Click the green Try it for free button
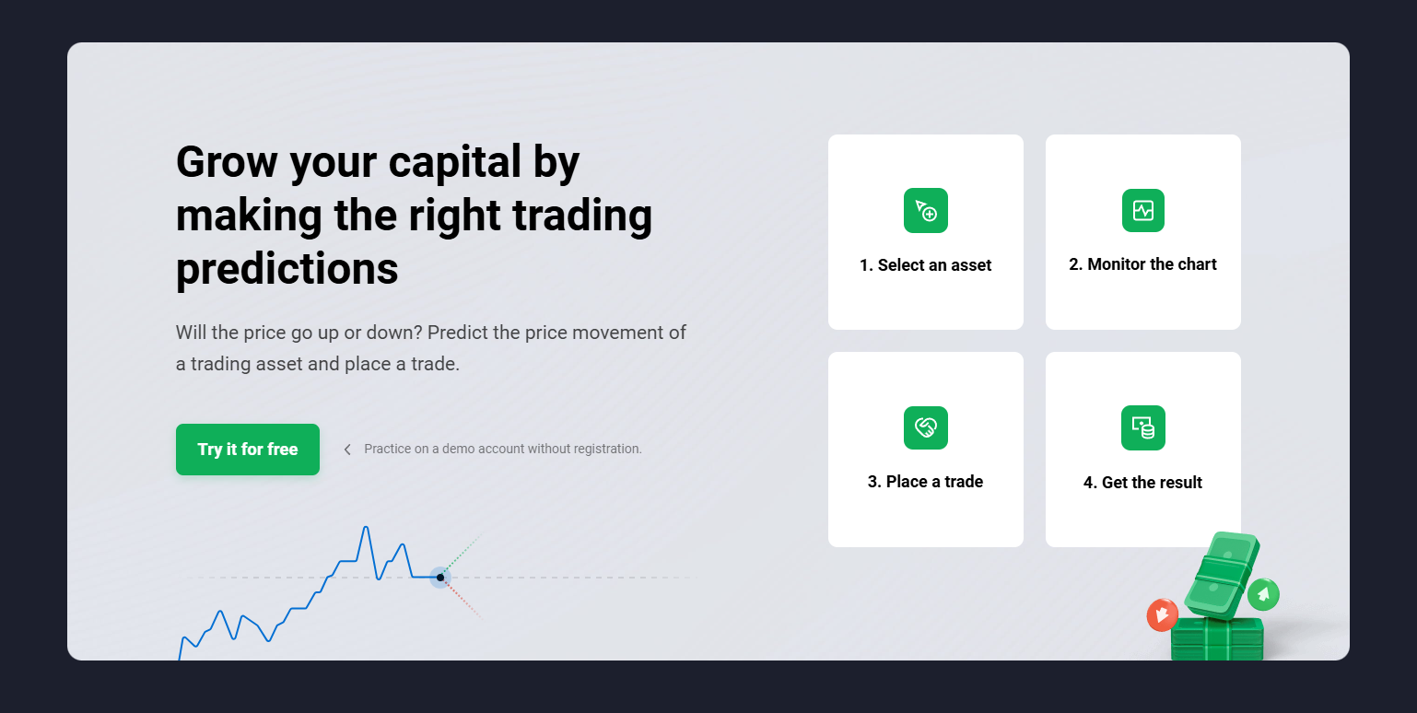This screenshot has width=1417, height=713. [x=247, y=450]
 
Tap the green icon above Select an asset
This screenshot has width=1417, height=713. [x=926, y=211]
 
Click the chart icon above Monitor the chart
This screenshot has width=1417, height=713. [x=1143, y=211]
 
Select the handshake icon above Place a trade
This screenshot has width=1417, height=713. [x=926, y=427]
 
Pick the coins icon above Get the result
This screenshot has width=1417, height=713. [x=1143, y=427]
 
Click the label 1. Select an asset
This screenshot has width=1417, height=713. [x=926, y=265]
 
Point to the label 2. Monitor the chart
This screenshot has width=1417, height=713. [x=1142, y=263]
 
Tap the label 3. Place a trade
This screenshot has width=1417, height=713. [x=926, y=482]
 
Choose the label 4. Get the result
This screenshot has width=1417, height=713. [x=1142, y=482]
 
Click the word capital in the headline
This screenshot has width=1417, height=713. [x=455, y=162]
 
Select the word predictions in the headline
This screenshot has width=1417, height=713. [x=287, y=269]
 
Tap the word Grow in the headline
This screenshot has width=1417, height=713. [x=227, y=162]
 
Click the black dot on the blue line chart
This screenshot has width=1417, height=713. [x=440, y=578]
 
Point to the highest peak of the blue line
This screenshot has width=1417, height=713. [x=366, y=527]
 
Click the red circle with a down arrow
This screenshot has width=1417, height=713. [x=1162, y=614]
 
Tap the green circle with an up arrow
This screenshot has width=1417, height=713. [x=1263, y=595]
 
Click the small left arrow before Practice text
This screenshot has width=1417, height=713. [x=347, y=450]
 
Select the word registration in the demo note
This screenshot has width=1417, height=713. [x=607, y=449]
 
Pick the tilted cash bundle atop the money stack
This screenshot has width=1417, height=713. [x=1223, y=575]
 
